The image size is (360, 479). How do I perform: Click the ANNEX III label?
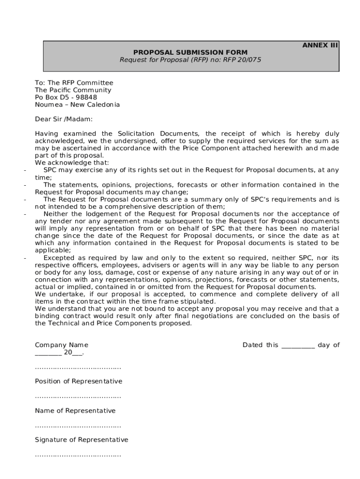click(x=320, y=45)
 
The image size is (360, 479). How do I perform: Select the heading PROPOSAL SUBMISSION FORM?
click(x=190, y=52)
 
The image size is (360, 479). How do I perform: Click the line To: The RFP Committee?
click(x=74, y=83)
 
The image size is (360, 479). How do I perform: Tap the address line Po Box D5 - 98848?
click(x=66, y=97)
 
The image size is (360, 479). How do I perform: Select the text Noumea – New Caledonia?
click(x=77, y=105)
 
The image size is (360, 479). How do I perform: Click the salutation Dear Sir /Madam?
click(x=64, y=119)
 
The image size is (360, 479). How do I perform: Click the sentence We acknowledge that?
click(x=72, y=163)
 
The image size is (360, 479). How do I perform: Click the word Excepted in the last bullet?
click(x=59, y=258)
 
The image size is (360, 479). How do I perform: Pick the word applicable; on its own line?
click(x=52, y=250)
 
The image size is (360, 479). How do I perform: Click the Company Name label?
click(x=61, y=345)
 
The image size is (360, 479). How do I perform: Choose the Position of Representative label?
click(x=79, y=381)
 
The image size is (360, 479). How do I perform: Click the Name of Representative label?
click(x=75, y=411)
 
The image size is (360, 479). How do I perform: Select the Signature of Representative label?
click(x=81, y=440)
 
